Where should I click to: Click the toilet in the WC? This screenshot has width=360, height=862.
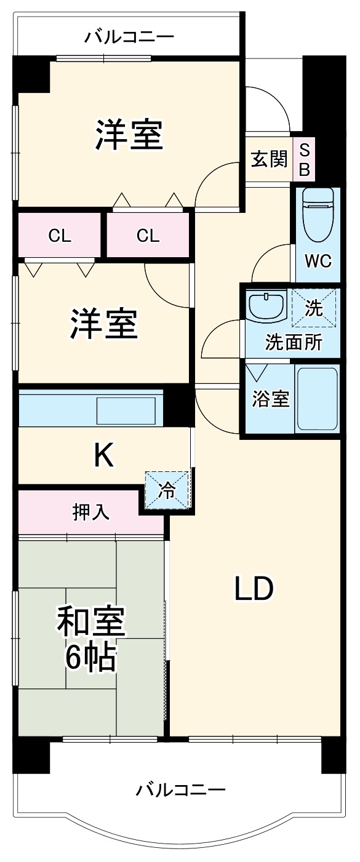click(318, 215)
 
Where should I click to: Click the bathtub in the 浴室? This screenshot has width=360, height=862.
click(317, 399)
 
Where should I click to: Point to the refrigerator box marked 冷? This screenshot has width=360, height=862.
click(167, 490)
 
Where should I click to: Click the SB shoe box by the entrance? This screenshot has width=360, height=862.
click(304, 159)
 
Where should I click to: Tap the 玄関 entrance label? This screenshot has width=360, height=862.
click(269, 159)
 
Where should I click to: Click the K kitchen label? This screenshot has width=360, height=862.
click(103, 456)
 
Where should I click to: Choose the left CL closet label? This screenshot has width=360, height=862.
click(60, 236)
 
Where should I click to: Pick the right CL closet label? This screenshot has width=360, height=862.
click(148, 236)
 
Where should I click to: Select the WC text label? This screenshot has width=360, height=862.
click(318, 261)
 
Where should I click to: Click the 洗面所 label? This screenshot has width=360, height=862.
click(293, 342)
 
